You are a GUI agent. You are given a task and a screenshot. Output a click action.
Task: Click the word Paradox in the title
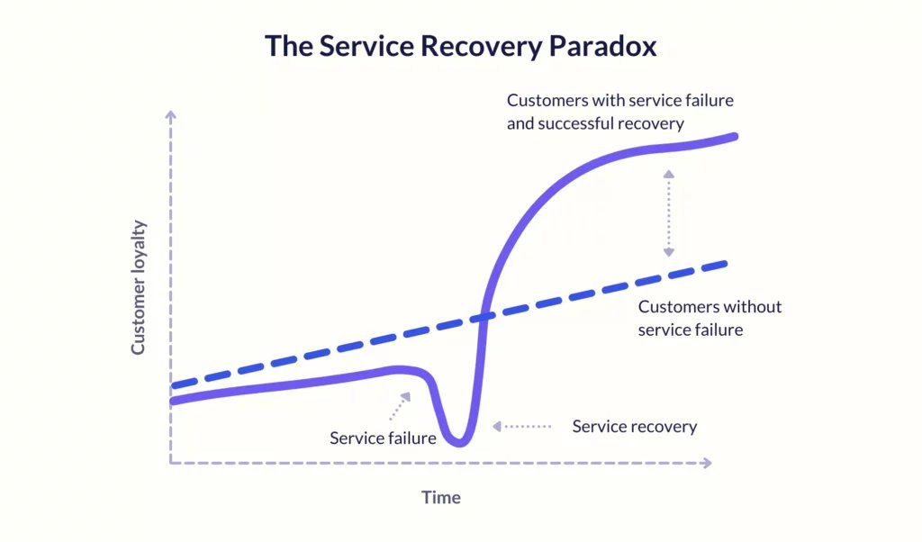(602, 46)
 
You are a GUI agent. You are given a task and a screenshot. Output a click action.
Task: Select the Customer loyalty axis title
(138, 287)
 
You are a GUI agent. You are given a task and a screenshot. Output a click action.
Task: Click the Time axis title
(441, 497)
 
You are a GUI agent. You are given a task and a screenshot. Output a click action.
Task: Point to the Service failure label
(383, 438)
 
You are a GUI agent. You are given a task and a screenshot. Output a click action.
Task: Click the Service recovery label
(635, 426)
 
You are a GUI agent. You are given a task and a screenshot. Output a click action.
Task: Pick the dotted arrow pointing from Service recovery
(522, 426)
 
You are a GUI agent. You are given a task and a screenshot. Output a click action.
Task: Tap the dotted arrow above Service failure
(400, 406)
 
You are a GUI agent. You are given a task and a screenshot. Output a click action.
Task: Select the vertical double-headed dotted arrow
(669, 213)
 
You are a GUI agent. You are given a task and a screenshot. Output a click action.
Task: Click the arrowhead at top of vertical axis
(170, 114)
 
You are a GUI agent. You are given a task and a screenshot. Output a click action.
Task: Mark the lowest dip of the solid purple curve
(459, 442)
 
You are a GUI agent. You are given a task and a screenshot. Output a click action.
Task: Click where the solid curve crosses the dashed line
(484, 317)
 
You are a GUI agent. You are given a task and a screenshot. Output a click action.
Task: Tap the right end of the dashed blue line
(726, 265)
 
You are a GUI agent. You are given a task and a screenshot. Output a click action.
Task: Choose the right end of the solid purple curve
(735, 136)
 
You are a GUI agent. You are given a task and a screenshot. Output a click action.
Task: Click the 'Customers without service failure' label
(710, 318)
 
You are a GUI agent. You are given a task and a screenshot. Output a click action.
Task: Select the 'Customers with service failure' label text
(620, 101)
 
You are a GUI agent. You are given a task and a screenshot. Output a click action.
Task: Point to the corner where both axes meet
(170, 464)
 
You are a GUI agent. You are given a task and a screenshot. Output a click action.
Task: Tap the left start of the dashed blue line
(172, 386)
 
